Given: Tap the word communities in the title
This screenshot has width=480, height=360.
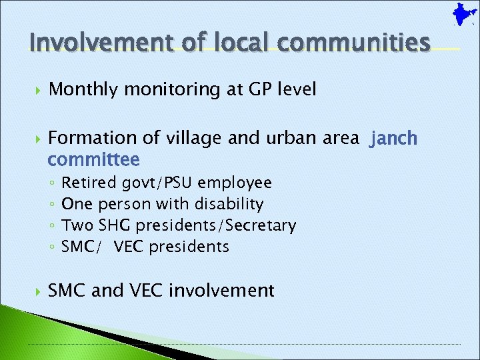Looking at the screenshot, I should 355,43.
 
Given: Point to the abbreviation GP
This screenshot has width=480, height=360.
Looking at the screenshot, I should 251,89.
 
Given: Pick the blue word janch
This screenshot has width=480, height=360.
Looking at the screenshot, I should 394,139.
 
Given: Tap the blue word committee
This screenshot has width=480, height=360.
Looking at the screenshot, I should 93,160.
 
